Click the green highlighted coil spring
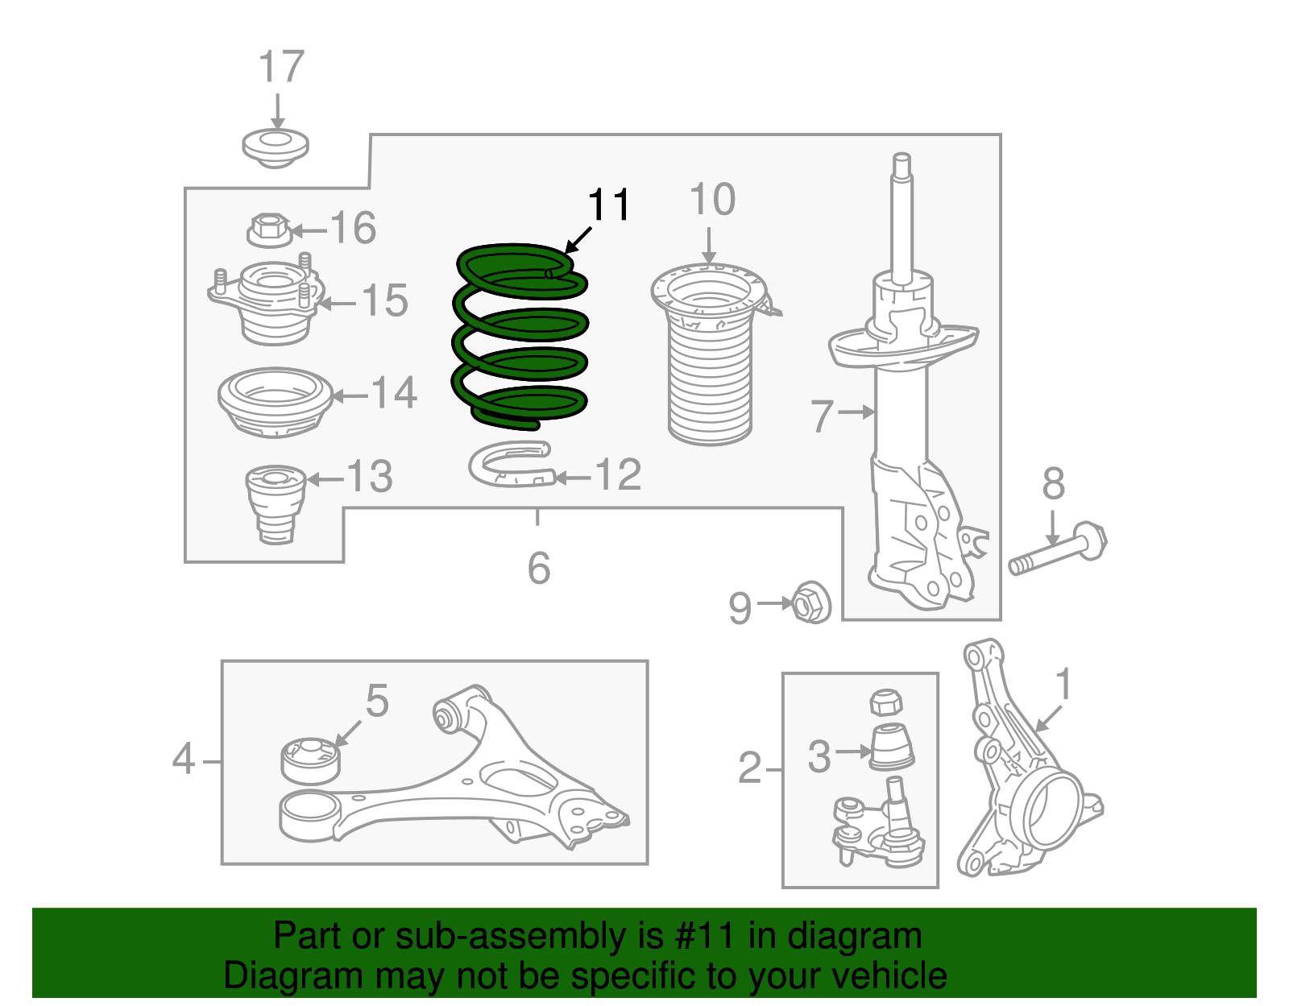[x=520, y=338]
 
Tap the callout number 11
[x=608, y=205]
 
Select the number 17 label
[x=281, y=67]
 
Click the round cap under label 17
[x=276, y=147]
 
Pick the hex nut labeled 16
[x=268, y=230]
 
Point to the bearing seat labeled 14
[x=275, y=403]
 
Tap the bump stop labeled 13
[x=275, y=503]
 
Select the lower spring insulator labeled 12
[x=510, y=466]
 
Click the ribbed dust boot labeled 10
[x=709, y=362]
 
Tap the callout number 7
[x=822, y=416]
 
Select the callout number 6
[x=538, y=569]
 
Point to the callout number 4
[x=184, y=760]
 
